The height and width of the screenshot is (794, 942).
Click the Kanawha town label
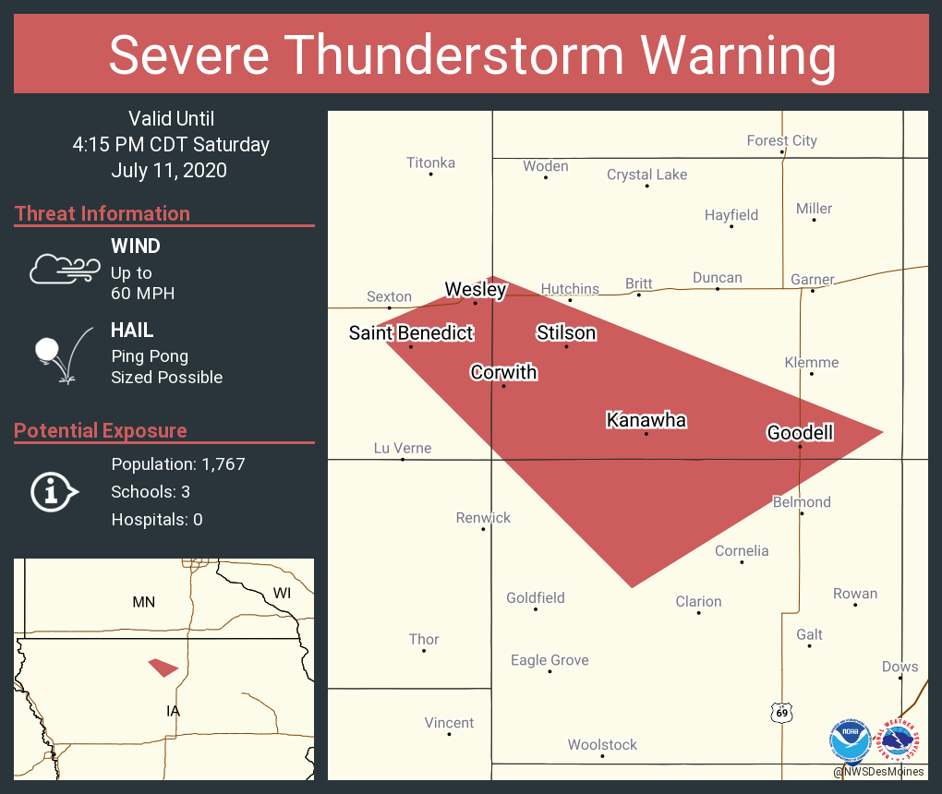pos(646,420)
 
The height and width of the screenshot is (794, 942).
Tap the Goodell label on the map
pos(800,432)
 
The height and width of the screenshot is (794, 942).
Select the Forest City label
pos(781,140)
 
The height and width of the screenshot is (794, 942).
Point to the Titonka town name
pos(430,162)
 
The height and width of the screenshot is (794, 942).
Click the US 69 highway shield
pos(782,712)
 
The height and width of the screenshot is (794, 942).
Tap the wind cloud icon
pos(64,269)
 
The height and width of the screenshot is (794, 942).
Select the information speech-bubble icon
pos(54,491)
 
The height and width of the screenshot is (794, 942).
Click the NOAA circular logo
pos(851,740)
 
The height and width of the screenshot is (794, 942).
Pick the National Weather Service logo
pos(900,740)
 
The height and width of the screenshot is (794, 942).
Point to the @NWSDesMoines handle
pos(878,772)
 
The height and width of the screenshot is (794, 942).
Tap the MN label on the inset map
pos(143,602)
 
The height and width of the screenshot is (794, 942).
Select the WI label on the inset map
pos(282,593)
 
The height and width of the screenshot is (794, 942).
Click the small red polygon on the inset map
pos(163,667)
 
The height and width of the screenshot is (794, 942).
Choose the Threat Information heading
pos(103,213)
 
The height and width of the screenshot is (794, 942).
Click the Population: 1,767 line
pos(178,463)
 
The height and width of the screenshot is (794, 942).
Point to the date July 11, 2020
pos(169,171)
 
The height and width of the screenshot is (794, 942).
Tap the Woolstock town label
pos(602,744)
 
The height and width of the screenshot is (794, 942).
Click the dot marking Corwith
pos(503,385)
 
